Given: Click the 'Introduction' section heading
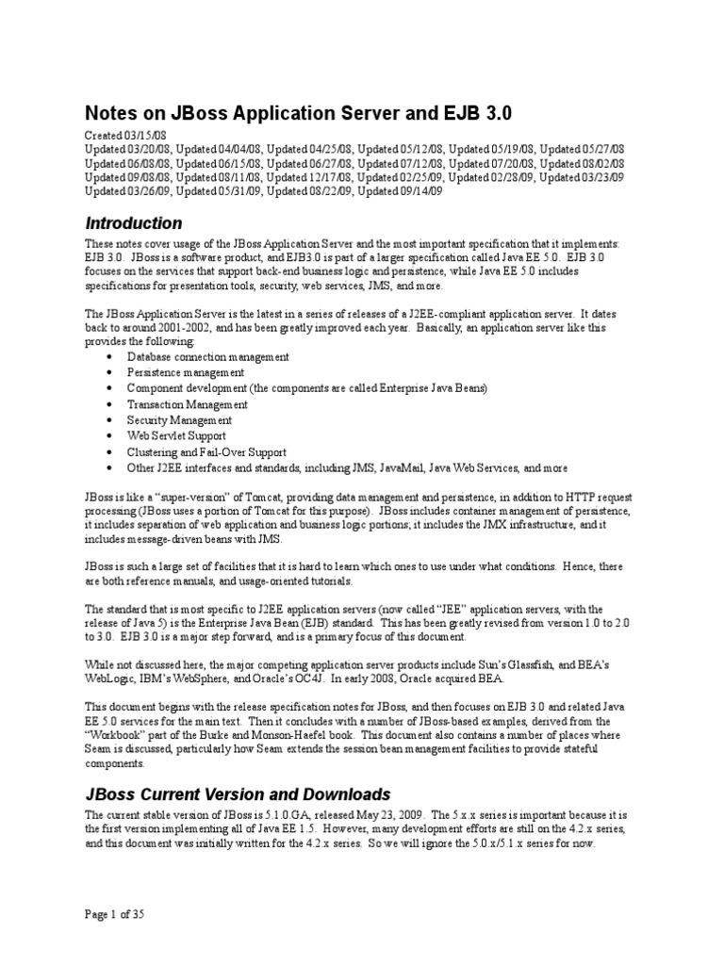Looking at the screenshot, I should point(133,224).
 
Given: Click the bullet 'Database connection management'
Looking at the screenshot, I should point(207,357).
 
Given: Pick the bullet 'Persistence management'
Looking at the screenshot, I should point(186,373).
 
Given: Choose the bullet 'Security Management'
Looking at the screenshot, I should point(179,420).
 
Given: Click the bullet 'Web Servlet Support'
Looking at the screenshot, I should point(176,436).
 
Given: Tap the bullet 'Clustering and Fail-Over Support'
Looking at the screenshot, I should point(207,452).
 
